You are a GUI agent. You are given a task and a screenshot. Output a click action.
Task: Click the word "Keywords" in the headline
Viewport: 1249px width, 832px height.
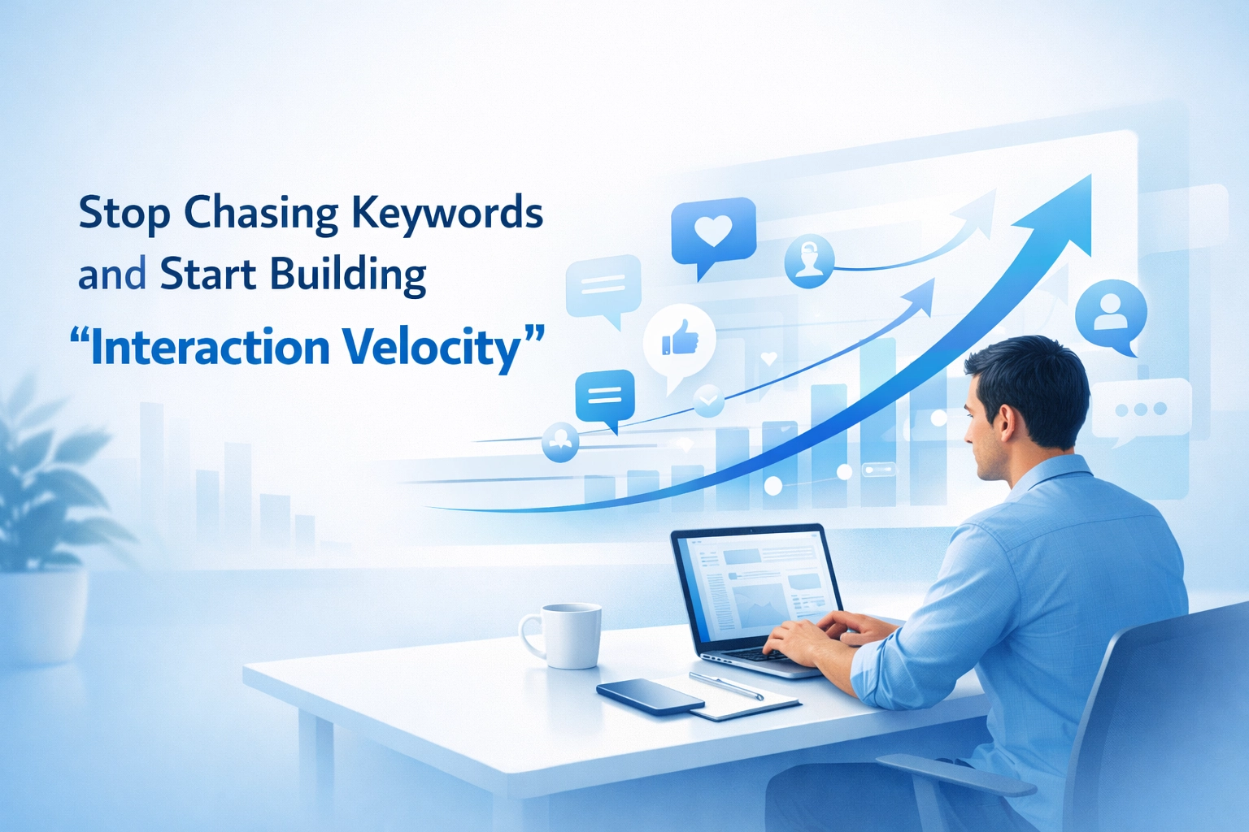pos(447,213)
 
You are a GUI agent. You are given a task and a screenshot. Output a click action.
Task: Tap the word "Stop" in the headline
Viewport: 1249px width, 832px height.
pos(124,214)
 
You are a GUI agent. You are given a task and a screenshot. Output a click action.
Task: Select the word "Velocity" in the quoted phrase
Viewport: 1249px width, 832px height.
pos(442,348)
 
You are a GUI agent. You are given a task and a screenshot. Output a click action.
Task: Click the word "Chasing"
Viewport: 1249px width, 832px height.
pos(260,214)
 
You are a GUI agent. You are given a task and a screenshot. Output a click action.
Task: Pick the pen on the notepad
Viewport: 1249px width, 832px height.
pos(726,686)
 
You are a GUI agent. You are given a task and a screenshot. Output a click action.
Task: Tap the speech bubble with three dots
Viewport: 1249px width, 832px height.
pos(1140,409)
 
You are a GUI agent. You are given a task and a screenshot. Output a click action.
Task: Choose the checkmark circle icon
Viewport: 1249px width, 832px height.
pos(708,400)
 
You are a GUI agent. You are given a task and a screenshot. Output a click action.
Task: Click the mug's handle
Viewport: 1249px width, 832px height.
pos(530,635)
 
